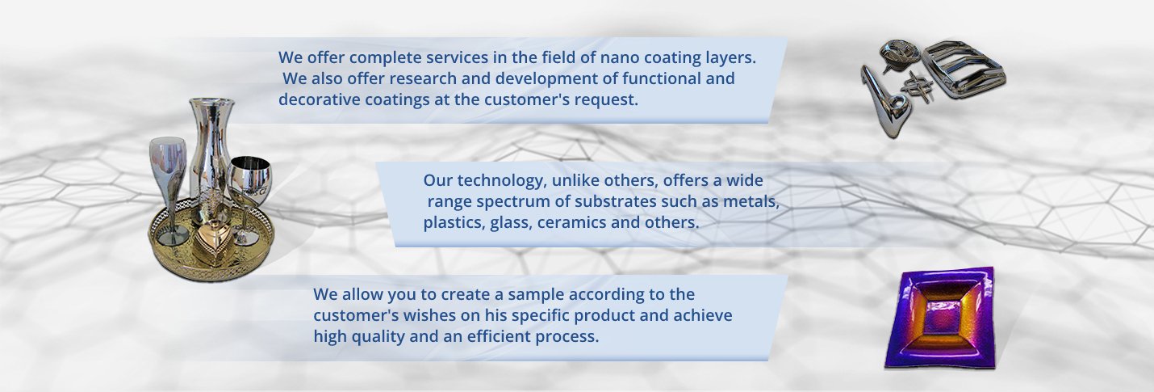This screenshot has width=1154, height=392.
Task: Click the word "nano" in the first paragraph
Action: pyautogui.click(x=621, y=57)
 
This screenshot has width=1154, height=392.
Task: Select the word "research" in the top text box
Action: pyautogui.click(x=422, y=79)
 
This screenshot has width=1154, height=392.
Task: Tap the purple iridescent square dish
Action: pyautogui.click(x=939, y=317)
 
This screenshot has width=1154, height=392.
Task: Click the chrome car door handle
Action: pyautogui.click(x=882, y=103)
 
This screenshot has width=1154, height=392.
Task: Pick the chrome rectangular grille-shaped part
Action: pyautogui.click(x=964, y=70)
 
